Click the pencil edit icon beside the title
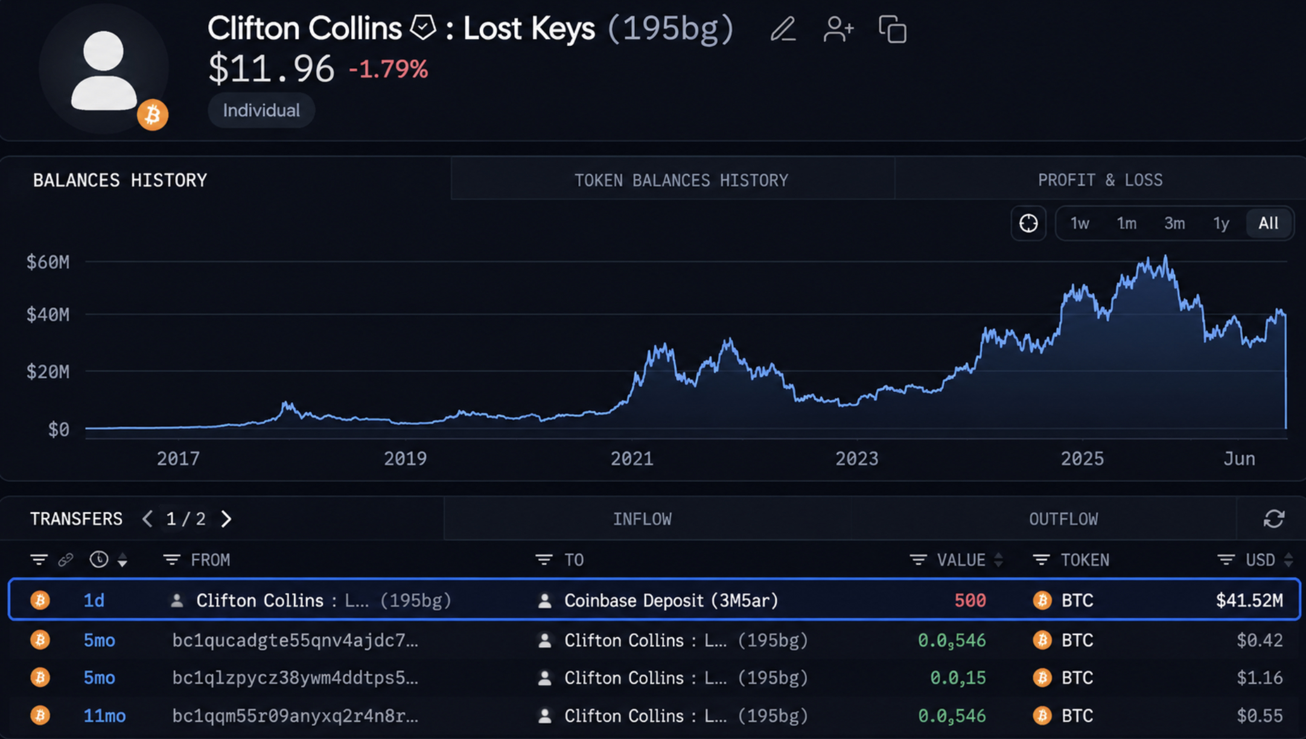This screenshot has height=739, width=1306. [783, 29]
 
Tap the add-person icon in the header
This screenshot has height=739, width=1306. [838, 29]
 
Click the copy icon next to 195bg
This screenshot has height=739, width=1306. [893, 30]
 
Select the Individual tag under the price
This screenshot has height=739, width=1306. [261, 110]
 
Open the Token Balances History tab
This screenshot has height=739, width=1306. [681, 180]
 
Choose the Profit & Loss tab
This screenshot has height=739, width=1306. [1100, 180]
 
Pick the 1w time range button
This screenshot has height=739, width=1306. [1080, 223]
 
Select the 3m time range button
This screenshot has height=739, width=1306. [1174, 223]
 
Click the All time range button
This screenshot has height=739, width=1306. [1269, 223]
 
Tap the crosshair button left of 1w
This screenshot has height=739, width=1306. [1028, 223]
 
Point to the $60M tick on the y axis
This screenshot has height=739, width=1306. [48, 262]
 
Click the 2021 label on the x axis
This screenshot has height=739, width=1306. [632, 459]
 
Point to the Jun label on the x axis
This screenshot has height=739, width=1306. [1239, 459]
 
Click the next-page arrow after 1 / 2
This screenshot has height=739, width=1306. [226, 519]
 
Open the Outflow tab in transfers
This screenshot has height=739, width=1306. [1063, 519]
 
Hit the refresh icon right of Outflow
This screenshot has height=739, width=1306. [1274, 519]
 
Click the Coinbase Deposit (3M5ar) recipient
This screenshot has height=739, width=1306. [671, 601]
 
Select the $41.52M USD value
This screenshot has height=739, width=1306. [1249, 600]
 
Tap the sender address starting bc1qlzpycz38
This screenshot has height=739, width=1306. [295, 678]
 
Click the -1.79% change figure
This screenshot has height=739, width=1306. [389, 69]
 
